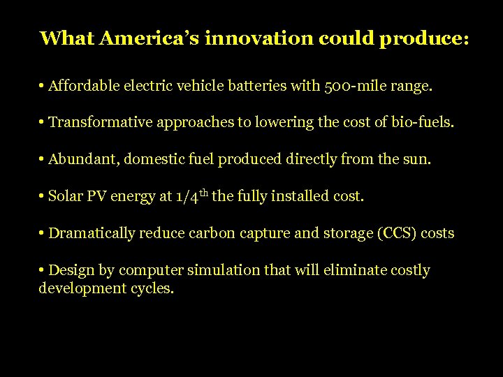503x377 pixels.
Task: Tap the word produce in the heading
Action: [x=421, y=38]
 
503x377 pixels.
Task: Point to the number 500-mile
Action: [x=356, y=87]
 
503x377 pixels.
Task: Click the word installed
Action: [x=301, y=197]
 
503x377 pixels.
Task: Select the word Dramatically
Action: [x=91, y=233]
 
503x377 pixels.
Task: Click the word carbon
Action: [x=212, y=233]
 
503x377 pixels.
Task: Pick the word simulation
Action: [x=228, y=270]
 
